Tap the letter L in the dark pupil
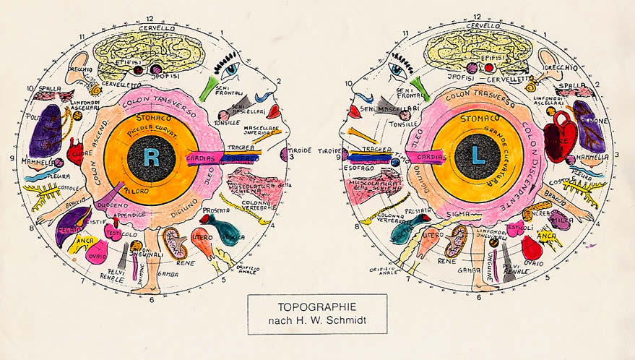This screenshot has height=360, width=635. (479, 157)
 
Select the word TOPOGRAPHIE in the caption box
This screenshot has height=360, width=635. (317, 306)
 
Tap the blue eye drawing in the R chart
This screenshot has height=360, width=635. (230, 70)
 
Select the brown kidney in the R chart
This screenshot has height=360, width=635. (174, 242)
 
